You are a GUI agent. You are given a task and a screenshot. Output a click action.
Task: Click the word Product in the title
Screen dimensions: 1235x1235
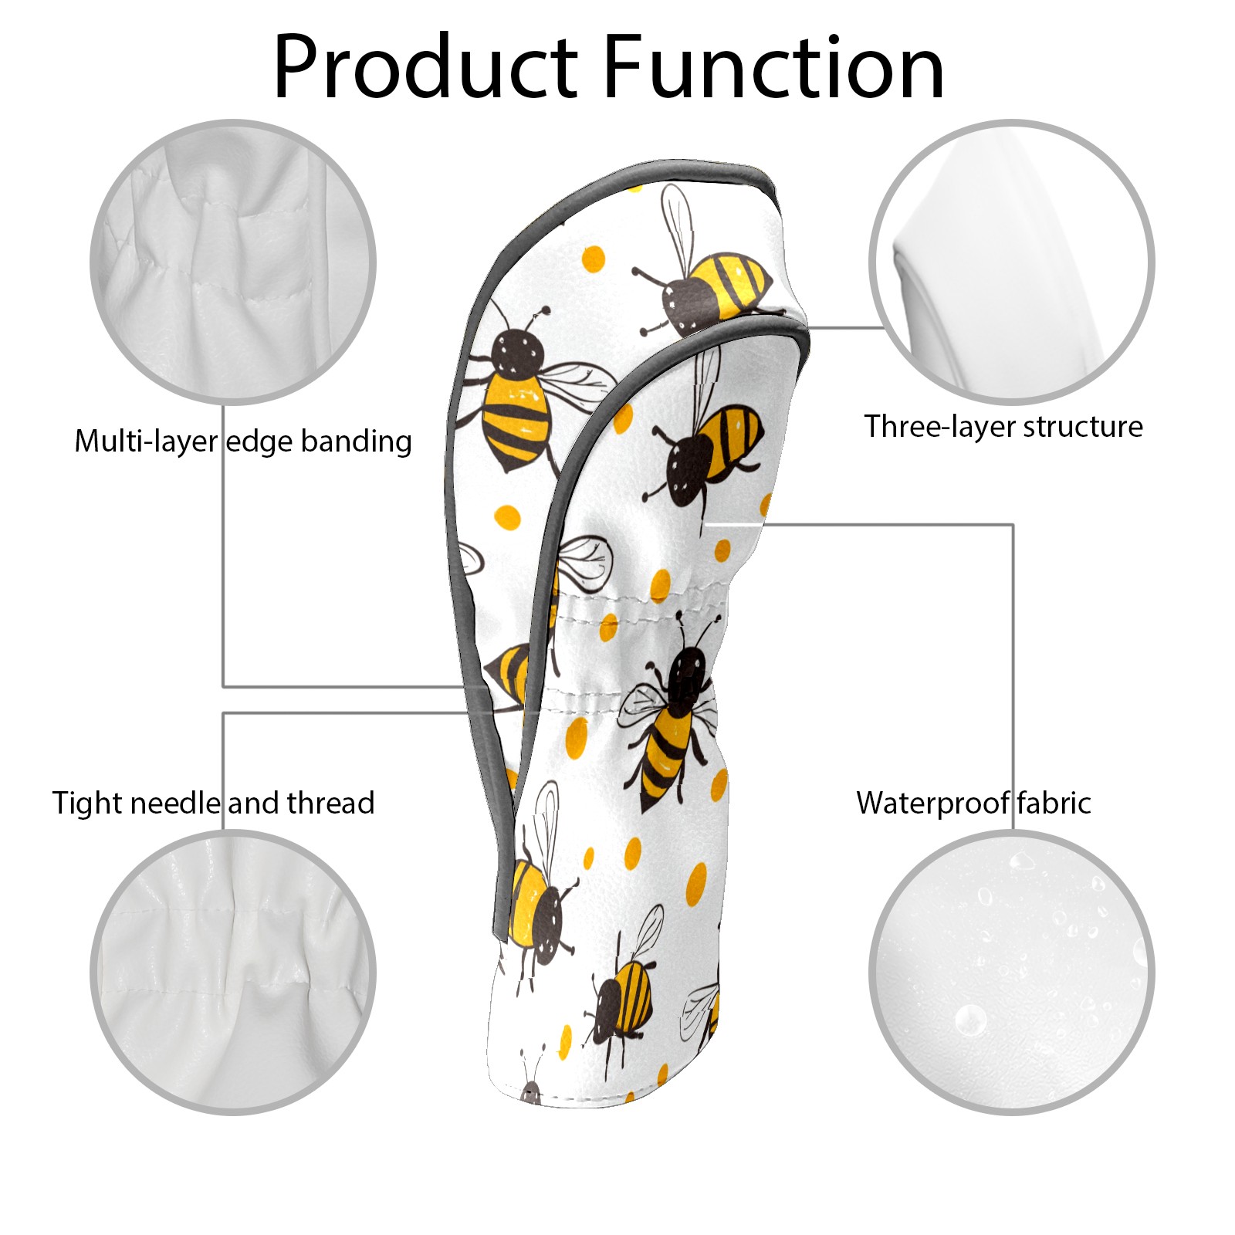[x=425, y=67]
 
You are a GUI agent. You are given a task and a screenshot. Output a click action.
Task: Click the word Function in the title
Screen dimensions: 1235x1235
[x=773, y=67]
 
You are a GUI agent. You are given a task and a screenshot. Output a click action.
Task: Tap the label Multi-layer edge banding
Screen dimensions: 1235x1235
[x=243, y=442]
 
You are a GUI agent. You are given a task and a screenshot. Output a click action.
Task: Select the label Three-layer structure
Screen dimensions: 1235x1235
[x=1003, y=427]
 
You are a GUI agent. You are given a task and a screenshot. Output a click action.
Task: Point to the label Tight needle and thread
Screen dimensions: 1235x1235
[x=213, y=804]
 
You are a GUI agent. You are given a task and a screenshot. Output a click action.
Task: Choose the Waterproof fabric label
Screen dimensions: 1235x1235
[x=973, y=804]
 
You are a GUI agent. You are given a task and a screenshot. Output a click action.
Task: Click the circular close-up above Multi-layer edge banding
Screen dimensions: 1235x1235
[x=233, y=262]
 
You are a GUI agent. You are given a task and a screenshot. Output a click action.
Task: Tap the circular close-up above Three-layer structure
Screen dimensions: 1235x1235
[x=1011, y=262]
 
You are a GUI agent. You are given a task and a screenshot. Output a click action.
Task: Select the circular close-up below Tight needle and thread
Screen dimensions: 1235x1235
[x=233, y=973]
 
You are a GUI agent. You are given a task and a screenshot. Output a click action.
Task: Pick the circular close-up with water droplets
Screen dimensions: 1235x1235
[x=1011, y=973]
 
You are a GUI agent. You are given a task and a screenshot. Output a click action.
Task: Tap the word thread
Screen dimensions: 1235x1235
[x=331, y=804]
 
